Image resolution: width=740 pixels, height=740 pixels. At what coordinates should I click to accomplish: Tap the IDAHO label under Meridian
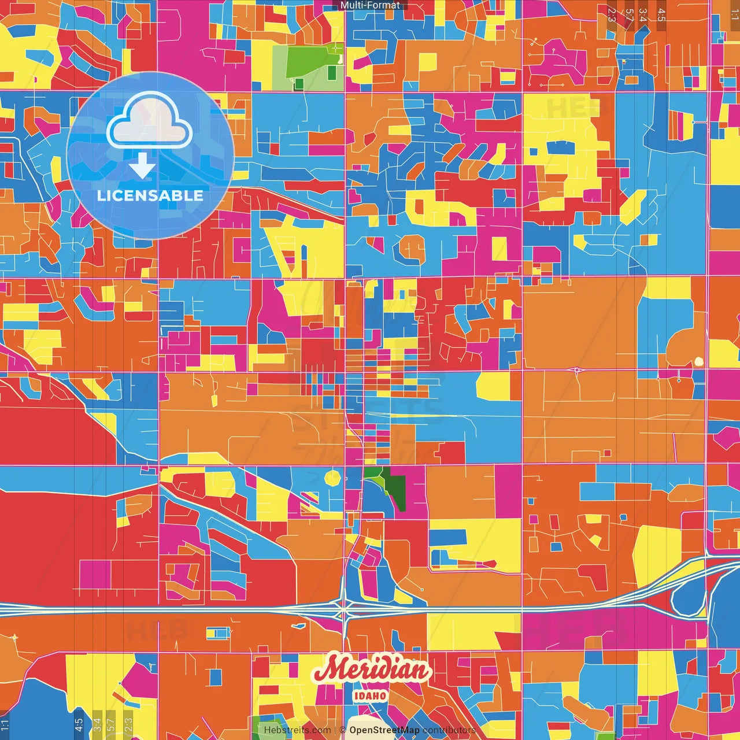371,695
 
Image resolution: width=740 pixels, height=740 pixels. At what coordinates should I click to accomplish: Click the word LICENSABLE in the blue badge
150,195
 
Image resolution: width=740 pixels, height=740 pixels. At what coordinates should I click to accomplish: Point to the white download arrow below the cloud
142,166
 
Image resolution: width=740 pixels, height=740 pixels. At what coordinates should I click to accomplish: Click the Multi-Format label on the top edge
370,5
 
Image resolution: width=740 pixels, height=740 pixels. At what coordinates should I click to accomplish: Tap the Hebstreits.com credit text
297,730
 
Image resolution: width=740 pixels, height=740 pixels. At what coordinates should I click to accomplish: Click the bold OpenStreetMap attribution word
384,730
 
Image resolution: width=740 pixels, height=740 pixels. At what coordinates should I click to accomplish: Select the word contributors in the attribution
449,730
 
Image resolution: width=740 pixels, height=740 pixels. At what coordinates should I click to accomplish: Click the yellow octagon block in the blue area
334,478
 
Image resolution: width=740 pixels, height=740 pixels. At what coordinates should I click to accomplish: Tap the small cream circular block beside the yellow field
699,362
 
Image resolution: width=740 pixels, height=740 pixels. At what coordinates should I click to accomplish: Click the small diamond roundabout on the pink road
577,370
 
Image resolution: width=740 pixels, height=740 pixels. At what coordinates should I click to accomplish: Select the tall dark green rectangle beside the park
332,73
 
